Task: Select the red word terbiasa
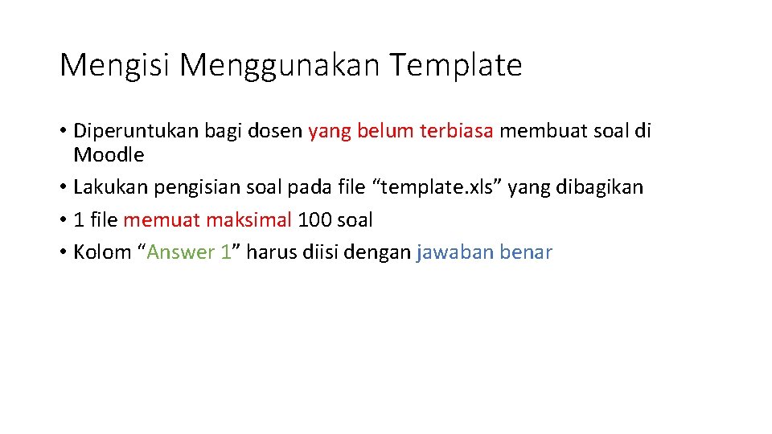click(x=457, y=131)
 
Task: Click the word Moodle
click(x=109, y=155)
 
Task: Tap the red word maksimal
click(x=248, y=219)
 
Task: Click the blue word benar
click(x=525, y=252)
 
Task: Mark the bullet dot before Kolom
click(x=63, y=252)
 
